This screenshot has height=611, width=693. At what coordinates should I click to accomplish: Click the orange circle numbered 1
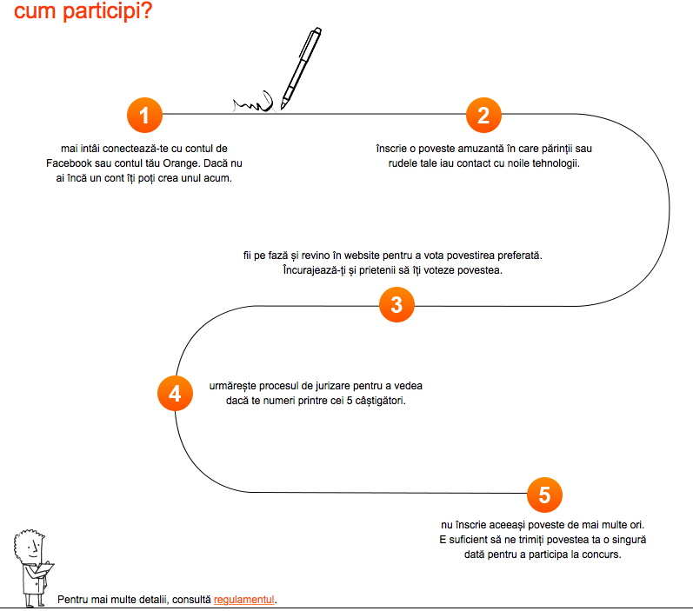pyautogui.click(x=144, y=115)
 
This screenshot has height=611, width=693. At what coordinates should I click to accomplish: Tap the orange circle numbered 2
pyautogui.click(x=483, y=115)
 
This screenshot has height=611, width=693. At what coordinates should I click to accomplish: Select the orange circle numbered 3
pyautogui.click(x=396, y=305)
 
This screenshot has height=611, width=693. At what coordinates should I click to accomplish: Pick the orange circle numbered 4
pyautogui.click(x=175, y=394)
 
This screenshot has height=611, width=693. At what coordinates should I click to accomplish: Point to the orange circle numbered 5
pyautogui.click(x=544, y=495)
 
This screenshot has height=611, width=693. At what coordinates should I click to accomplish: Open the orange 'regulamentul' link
pyautogui.click(x=244, y=600)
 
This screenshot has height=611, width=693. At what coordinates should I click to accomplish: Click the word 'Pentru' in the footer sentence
pyautogui.click(x=72, y=600)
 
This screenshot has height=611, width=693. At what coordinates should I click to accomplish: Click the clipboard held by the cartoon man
pyautogui.click(x=46, y=569)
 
